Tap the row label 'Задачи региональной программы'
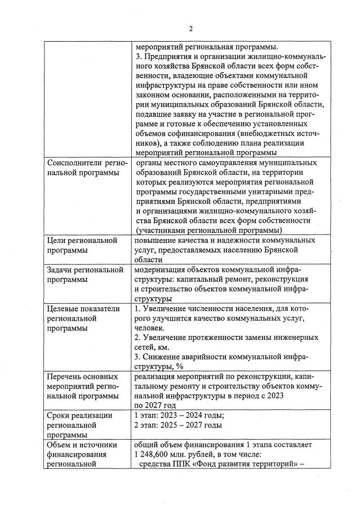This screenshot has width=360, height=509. point(85,274)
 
